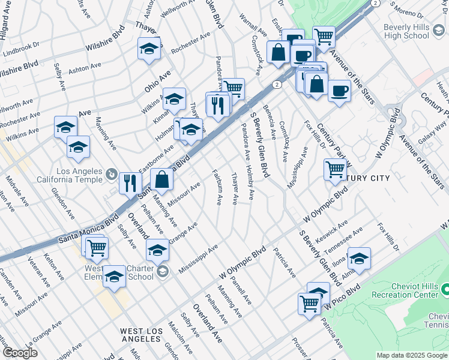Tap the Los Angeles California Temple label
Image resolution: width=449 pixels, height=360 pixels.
71,175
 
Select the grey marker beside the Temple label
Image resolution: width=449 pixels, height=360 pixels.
111,175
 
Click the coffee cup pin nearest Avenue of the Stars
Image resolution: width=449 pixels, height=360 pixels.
340,91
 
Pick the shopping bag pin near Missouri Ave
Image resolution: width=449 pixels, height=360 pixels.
162,178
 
